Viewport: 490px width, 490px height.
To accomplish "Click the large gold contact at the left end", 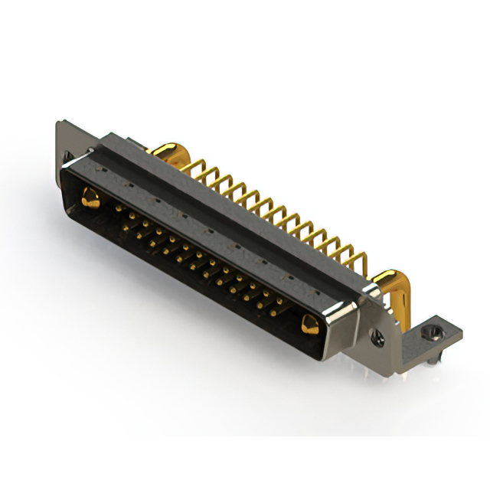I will [x=90, y=200].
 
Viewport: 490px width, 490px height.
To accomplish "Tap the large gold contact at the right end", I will [x=309, y=325].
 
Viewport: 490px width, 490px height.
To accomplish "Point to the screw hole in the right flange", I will [x=377, y=335].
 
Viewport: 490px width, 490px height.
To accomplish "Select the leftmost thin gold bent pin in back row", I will [x=204, y=173].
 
